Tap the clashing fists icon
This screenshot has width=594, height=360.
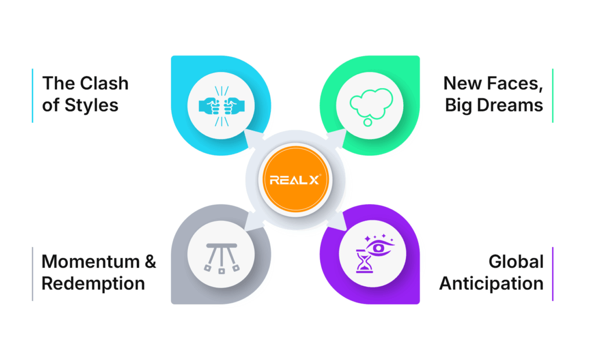point(222,106)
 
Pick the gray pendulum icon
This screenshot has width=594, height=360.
point(222,258)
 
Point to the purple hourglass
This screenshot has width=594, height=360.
point(364,261)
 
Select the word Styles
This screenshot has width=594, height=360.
point(91,105)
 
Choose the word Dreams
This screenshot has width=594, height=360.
point(510,105)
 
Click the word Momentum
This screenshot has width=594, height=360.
point(90,261)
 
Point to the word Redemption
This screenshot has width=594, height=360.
point(93,283)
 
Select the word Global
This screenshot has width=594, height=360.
point(516,261)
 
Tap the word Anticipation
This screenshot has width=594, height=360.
point(491,283)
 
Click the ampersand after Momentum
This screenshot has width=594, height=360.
point(150,261)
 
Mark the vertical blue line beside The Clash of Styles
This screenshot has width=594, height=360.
point(32,96)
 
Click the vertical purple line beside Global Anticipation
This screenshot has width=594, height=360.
point(553,274)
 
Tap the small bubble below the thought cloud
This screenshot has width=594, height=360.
point(367,122)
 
